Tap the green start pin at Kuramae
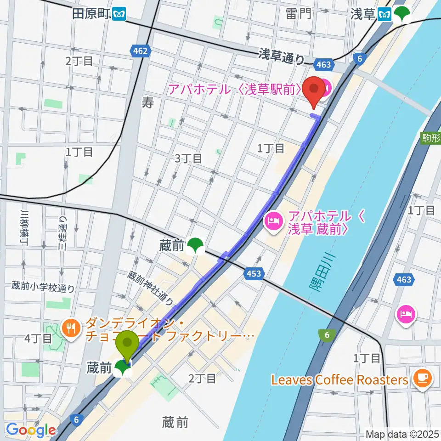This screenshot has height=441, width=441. point(127,346)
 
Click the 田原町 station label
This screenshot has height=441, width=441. point(91,14)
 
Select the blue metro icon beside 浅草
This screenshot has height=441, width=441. point(384,15)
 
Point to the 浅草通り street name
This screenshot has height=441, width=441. point(281,57)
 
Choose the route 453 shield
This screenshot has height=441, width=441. point(253,274)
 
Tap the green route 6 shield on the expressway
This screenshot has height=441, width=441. point(327,336)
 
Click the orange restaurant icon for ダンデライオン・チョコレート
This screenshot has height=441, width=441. point(70,328)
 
